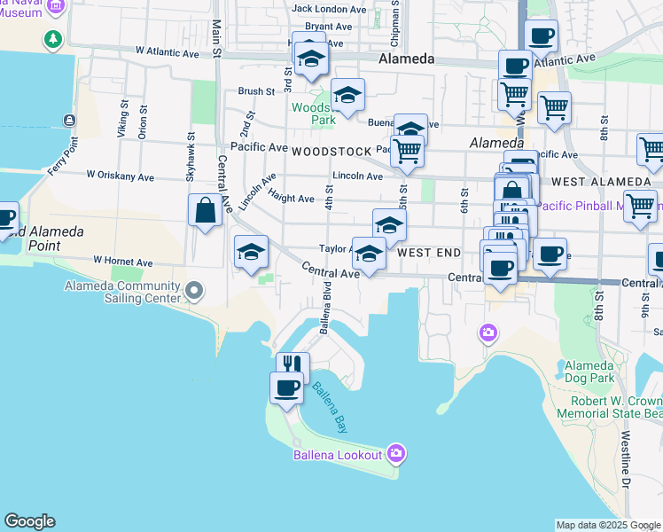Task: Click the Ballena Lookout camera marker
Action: pyautogui.click(x=395, y=454)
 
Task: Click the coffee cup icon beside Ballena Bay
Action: pyautogui.click(x=286, y=388)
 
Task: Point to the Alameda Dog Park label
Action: pyautogui.click(x=589, y=372)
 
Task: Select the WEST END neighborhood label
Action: pyautogui.click(x=429, y=253)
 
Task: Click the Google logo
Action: pyautogui.click(x=29, y=521)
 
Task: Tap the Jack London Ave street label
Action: pyautogui.click(x=329, y=9)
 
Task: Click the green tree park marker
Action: pyautogui.click(x=53, y=39)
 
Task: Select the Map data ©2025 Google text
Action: pyautogui.click(x=608, y=525)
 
